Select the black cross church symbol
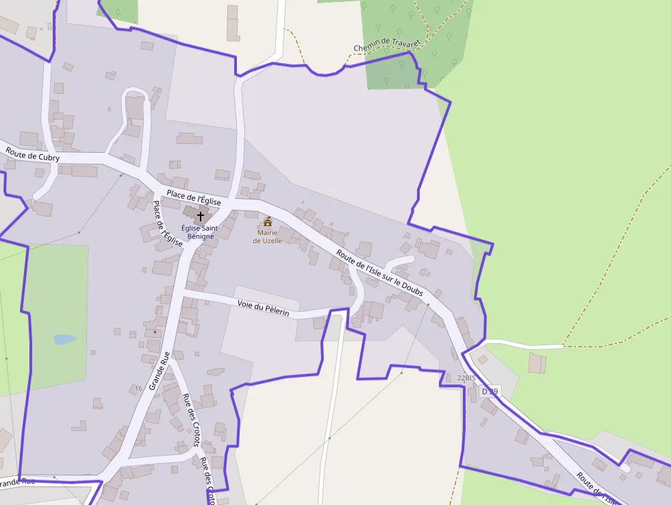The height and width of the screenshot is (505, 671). tap(200, 216)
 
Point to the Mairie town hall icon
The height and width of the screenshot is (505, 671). tap(267, 221)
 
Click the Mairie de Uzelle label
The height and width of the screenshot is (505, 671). tap(267, 236)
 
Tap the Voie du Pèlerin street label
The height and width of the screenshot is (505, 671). tap(264, 308)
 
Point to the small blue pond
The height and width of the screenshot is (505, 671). tap(64, 339)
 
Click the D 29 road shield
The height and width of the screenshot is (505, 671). tap(490, 391)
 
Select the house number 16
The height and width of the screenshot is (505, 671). tap(138, 389)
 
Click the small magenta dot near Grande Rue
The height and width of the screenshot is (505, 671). tap(155, 332)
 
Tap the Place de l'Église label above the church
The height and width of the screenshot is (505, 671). tap(194, 196)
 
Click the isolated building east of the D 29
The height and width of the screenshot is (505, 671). tap(537, 362)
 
